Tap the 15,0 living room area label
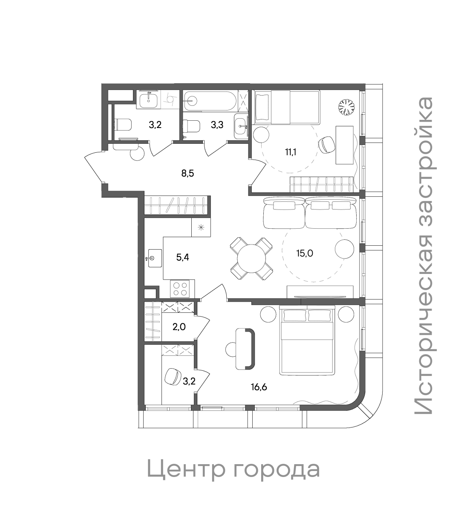click(305, 253)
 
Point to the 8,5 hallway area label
click(187, 173)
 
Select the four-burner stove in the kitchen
click(179, 288)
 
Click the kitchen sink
click(154, 258)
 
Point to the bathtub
click(208, 101)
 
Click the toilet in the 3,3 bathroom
click(191, 126)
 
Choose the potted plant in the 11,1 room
click(347, 107)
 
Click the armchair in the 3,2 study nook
click(173, 376)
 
